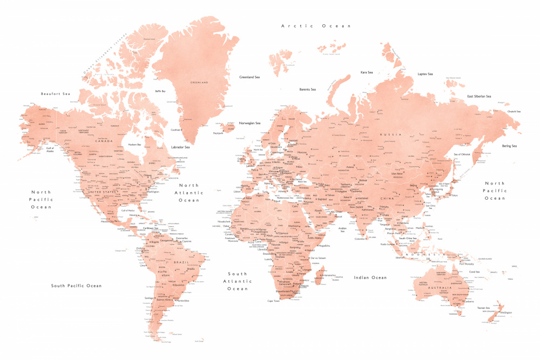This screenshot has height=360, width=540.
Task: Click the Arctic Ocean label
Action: click(x=316, y=26)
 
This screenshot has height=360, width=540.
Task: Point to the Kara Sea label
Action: click(x=367, y=72)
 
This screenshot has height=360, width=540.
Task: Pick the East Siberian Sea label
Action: click(x=479, y=97)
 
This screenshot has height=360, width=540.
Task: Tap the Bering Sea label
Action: click(x=509, y=146)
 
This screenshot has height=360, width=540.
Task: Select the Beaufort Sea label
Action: click(x=56, y=94)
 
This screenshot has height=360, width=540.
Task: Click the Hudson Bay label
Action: click(x=134, y=145)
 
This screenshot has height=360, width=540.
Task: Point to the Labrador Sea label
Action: click(x=180, y=147)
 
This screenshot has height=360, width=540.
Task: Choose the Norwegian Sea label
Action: click(x=249, y=123)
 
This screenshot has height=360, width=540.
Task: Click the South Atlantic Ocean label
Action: click(x=237, y=281)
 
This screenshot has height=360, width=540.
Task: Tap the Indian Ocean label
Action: click(x=370, y=277)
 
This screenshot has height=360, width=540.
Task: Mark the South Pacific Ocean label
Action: click(x=76, y=286)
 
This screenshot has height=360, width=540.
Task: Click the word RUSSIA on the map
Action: click(x=388, y=134)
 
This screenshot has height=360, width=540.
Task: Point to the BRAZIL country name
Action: click(x=181, y=262)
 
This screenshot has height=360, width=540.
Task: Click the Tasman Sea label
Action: click(x=484, y=308)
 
